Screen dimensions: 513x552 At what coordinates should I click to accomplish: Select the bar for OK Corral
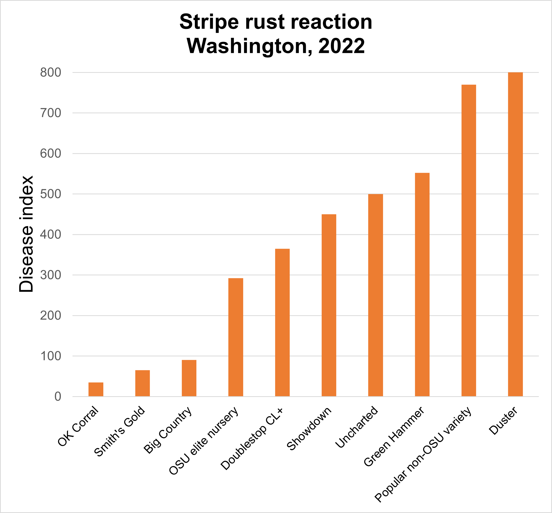[x=96, y=389]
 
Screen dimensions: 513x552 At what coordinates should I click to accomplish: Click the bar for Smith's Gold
[x=142, y=383]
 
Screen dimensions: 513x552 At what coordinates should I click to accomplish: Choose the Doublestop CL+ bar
[x=282, y=322]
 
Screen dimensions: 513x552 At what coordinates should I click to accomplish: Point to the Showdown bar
[x=329, y=305]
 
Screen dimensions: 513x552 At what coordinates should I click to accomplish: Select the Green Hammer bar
[x=422, y=284]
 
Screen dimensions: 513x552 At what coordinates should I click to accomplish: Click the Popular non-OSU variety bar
[x=469, y=241]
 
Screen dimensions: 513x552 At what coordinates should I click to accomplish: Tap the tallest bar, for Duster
[x=515, y=234]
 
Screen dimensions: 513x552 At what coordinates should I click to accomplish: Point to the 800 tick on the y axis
[x=51, y=73]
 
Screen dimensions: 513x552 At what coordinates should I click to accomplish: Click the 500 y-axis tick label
[x=51, y=194]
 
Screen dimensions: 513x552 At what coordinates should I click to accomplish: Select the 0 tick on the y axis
[x=58, y=397]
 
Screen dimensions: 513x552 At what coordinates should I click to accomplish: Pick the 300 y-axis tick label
[x=51, y=275]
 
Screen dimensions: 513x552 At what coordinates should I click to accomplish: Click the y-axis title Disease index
[x=26, y=234]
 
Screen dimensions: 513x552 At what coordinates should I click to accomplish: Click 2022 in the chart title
[x=342, y=46]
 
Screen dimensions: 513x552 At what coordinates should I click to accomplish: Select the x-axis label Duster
[x=503, y=421]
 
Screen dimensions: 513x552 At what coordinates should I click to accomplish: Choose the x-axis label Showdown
[x=309, y=429]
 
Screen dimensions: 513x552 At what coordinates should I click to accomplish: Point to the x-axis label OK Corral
[x=78, y=426]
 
